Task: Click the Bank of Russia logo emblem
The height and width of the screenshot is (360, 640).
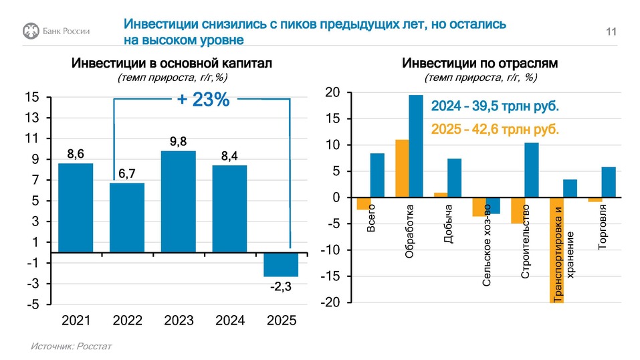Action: (x=29, y=30)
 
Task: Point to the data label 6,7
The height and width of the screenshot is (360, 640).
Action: (x=127, y=174)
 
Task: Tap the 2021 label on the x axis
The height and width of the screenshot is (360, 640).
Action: (x=76, y=321)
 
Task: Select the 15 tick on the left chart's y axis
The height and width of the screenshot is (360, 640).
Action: (x=31, y=98)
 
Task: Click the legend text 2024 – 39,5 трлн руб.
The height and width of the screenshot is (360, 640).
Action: (x=494, y=106)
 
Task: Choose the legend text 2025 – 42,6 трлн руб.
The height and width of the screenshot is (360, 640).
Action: (x=494, y=129)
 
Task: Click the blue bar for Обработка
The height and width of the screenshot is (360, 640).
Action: (x=416, y=147)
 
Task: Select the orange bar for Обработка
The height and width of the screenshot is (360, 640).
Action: (x=402, y=169)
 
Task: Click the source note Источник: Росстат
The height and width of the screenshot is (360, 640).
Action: (x=71, y=347)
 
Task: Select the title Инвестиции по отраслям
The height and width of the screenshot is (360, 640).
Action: (x=480, y=64)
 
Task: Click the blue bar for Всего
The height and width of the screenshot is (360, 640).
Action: (x=377, y=175)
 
